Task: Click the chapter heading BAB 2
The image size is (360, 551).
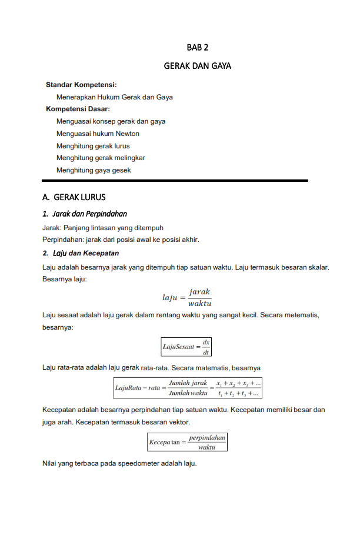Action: tap(198, 47)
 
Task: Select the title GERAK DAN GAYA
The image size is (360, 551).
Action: tap(198, 66)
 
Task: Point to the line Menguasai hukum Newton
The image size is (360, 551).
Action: tap(98, 134)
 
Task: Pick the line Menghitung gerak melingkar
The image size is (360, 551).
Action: tap(101, 158)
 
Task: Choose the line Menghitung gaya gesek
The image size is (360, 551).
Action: tap(94, 170)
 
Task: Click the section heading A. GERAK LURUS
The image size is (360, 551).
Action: tap(74, 197)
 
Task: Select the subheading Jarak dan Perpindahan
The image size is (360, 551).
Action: tap(89, 213)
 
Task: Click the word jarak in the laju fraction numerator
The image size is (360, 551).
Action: tap(199, 292)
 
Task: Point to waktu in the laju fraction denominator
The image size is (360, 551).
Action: tap(200, 304)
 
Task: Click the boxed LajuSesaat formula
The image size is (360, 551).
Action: tap(187, 347)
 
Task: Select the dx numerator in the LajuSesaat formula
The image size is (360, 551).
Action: tap(206, 342)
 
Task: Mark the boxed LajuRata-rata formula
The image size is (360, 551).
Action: tap(188, 388)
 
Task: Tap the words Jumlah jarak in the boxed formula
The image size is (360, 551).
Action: tap(188, 383)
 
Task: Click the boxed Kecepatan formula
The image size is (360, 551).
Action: tap(187, 442)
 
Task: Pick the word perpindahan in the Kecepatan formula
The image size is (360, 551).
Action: tap(207, 437)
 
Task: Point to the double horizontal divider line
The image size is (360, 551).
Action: tap(175, 181)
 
